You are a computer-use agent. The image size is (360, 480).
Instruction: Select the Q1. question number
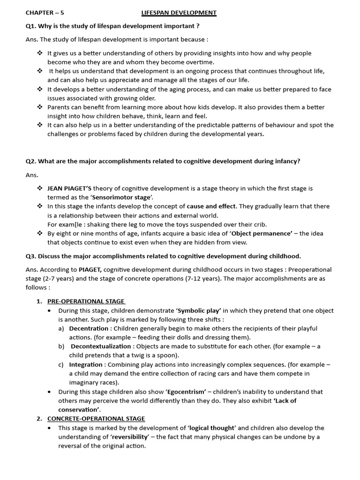coord(31,26)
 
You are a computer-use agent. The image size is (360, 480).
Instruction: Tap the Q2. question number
coord(31,161)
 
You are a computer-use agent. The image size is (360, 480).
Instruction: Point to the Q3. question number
coord(31,256)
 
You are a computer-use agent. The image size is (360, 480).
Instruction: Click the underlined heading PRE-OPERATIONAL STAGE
coord(86,301)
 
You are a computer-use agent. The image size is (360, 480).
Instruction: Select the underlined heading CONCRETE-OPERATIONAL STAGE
coord(96,419)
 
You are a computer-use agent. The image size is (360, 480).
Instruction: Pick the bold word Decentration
coord(89,329)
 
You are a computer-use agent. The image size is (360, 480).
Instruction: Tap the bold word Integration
coord(86,364)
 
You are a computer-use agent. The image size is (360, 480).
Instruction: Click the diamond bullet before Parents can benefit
coord(40,107)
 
